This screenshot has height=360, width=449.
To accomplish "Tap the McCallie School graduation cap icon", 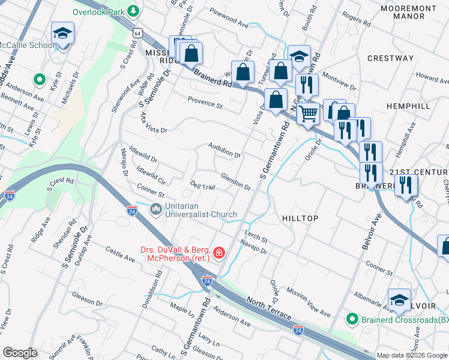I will click(x=62, y=34).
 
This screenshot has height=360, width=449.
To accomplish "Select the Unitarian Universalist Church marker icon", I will click(x=155, y=209).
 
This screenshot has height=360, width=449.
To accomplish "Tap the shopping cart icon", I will click(x=309, y=112).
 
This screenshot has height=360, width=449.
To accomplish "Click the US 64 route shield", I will click(x=138, y=32).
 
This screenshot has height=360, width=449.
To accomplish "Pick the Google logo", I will click(x=20, y=353).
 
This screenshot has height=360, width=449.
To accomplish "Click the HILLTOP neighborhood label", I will click(x=300, y=219).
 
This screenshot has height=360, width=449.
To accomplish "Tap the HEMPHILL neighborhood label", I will click(x=408, y=106).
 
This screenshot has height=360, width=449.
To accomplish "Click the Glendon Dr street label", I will click(x=235, y=181).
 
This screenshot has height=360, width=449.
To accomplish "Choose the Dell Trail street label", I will click(x=202, y=187).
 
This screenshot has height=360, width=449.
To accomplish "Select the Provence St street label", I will click(x=205, y=103).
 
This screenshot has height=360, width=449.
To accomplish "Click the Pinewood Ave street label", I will click(x=229, y=19).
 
